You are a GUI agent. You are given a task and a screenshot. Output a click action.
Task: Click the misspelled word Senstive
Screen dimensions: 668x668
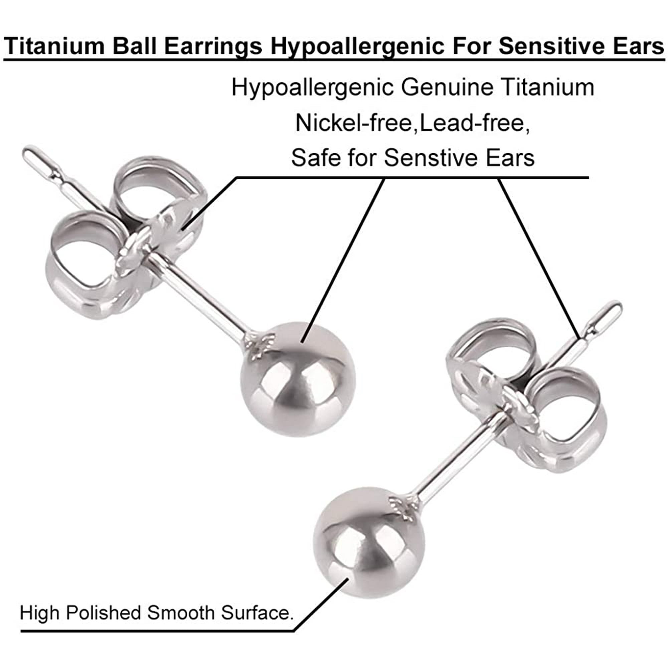pos(428,158)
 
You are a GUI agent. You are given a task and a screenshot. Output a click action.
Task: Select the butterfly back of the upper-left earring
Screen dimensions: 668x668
pos(126,238)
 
